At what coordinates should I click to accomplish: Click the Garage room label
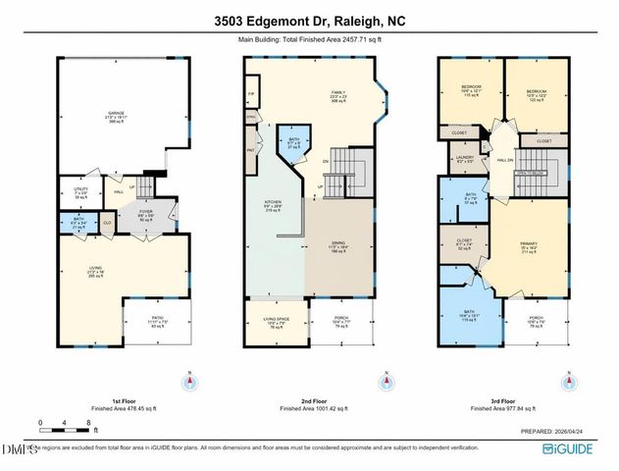click(116, 117)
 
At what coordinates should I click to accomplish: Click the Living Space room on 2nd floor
click(275, 325)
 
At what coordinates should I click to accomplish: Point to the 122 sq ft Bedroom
click(536, 94)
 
